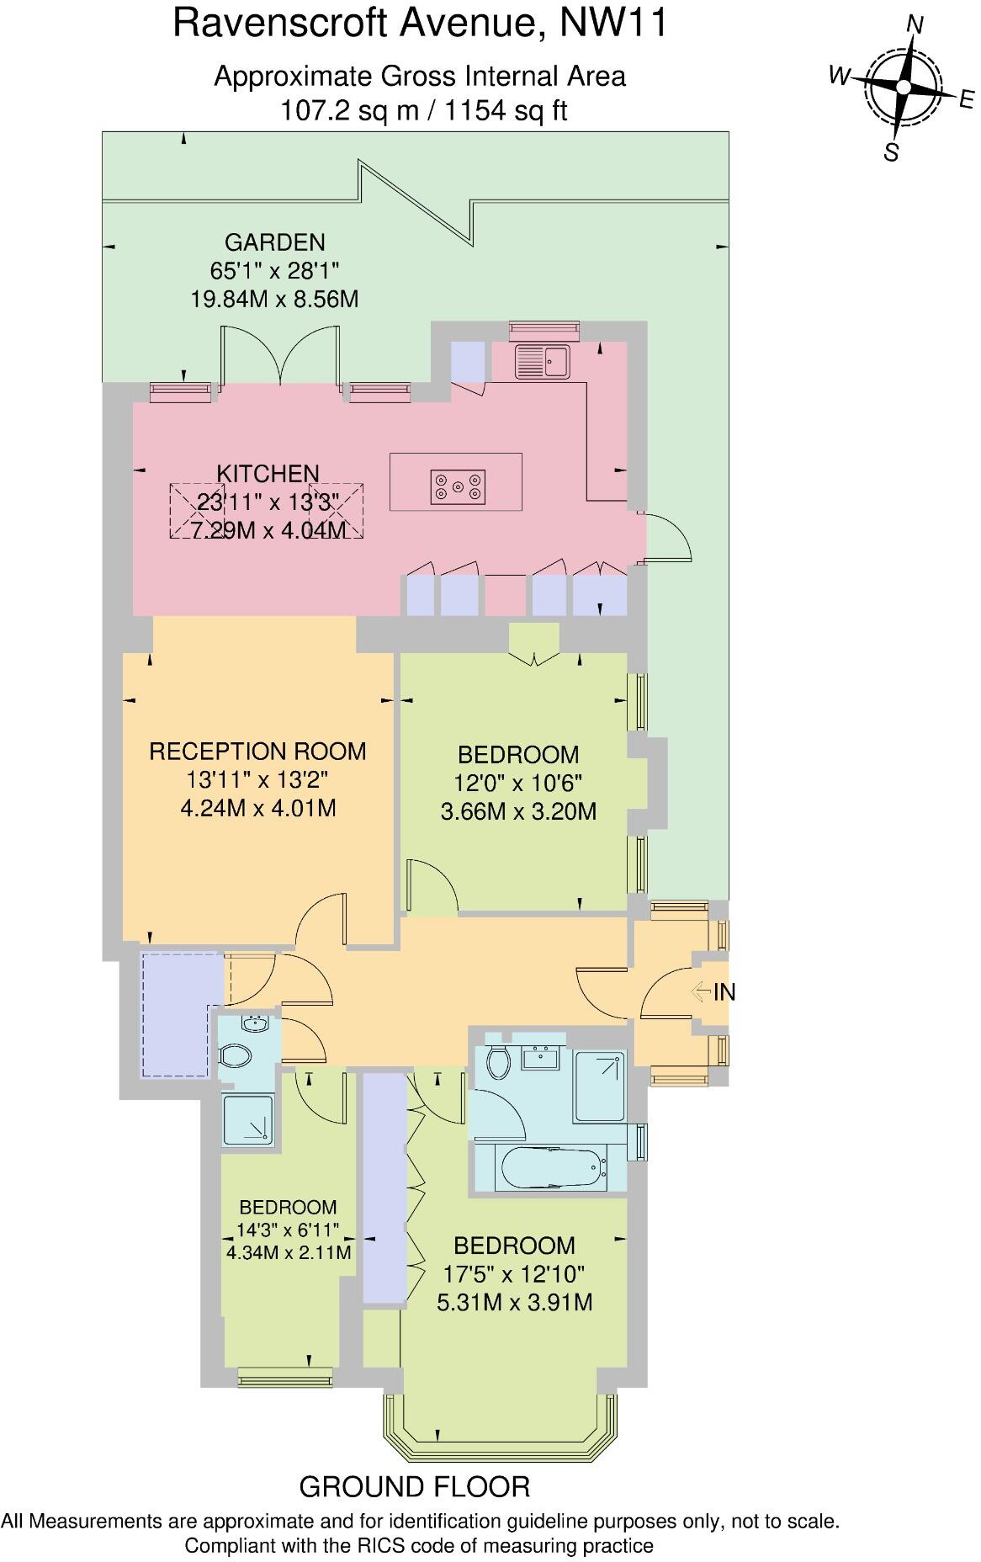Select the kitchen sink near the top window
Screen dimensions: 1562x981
tap(544, 361)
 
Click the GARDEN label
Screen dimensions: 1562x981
tap(274, 242)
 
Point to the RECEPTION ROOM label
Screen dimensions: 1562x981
tap(257, 751)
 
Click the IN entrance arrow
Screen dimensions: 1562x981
tap(702, 992)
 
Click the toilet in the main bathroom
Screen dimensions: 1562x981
tap(498, 1061)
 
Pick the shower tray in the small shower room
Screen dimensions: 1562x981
tap(248, 1120)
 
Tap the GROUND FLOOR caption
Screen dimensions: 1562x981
tap(415, 1487)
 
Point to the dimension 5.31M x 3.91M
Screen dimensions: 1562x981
tap(514, 1303)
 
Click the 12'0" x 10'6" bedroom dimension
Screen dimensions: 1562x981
tap(517, 783)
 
